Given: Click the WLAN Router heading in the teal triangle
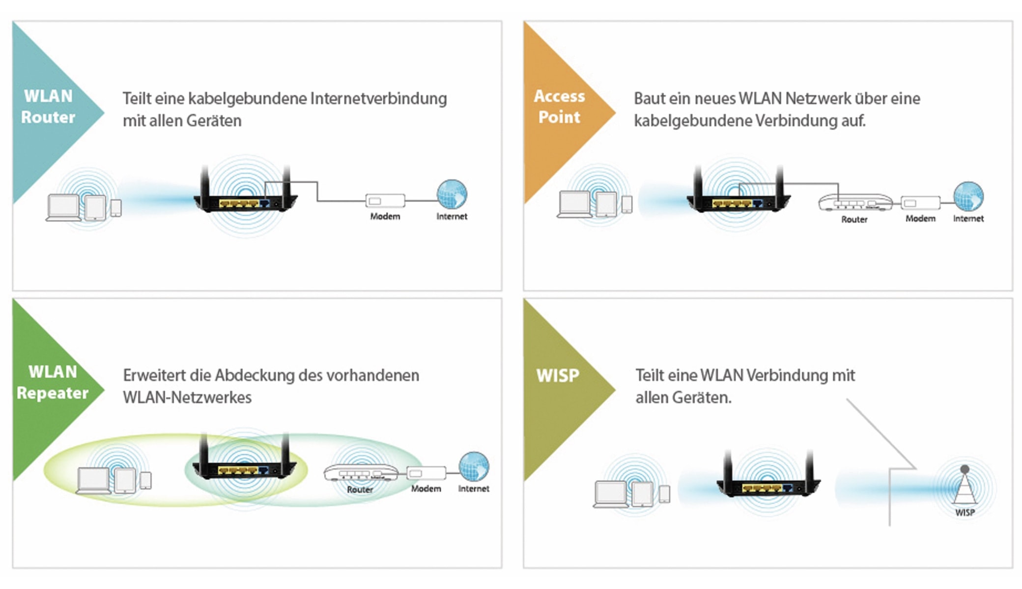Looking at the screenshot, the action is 48,107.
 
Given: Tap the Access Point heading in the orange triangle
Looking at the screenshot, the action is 559,107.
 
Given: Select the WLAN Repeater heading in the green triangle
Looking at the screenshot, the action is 53,382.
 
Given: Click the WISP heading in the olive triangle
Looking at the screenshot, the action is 558,375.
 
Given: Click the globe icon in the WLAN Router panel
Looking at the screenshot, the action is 452,194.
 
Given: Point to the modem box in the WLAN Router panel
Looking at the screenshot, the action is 385,201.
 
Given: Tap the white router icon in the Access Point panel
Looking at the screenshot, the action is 855,202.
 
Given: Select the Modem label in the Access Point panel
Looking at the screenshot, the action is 920,218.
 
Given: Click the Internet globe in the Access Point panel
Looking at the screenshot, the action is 968,196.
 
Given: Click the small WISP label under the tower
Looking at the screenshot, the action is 965,512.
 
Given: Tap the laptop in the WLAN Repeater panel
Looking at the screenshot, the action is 93,480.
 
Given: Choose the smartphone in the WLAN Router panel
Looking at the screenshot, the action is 116,208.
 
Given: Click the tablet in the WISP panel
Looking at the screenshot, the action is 642,494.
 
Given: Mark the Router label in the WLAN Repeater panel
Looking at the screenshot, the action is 360,489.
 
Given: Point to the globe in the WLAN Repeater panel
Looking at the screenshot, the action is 474,467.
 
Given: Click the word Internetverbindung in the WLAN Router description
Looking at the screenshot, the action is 379,98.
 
